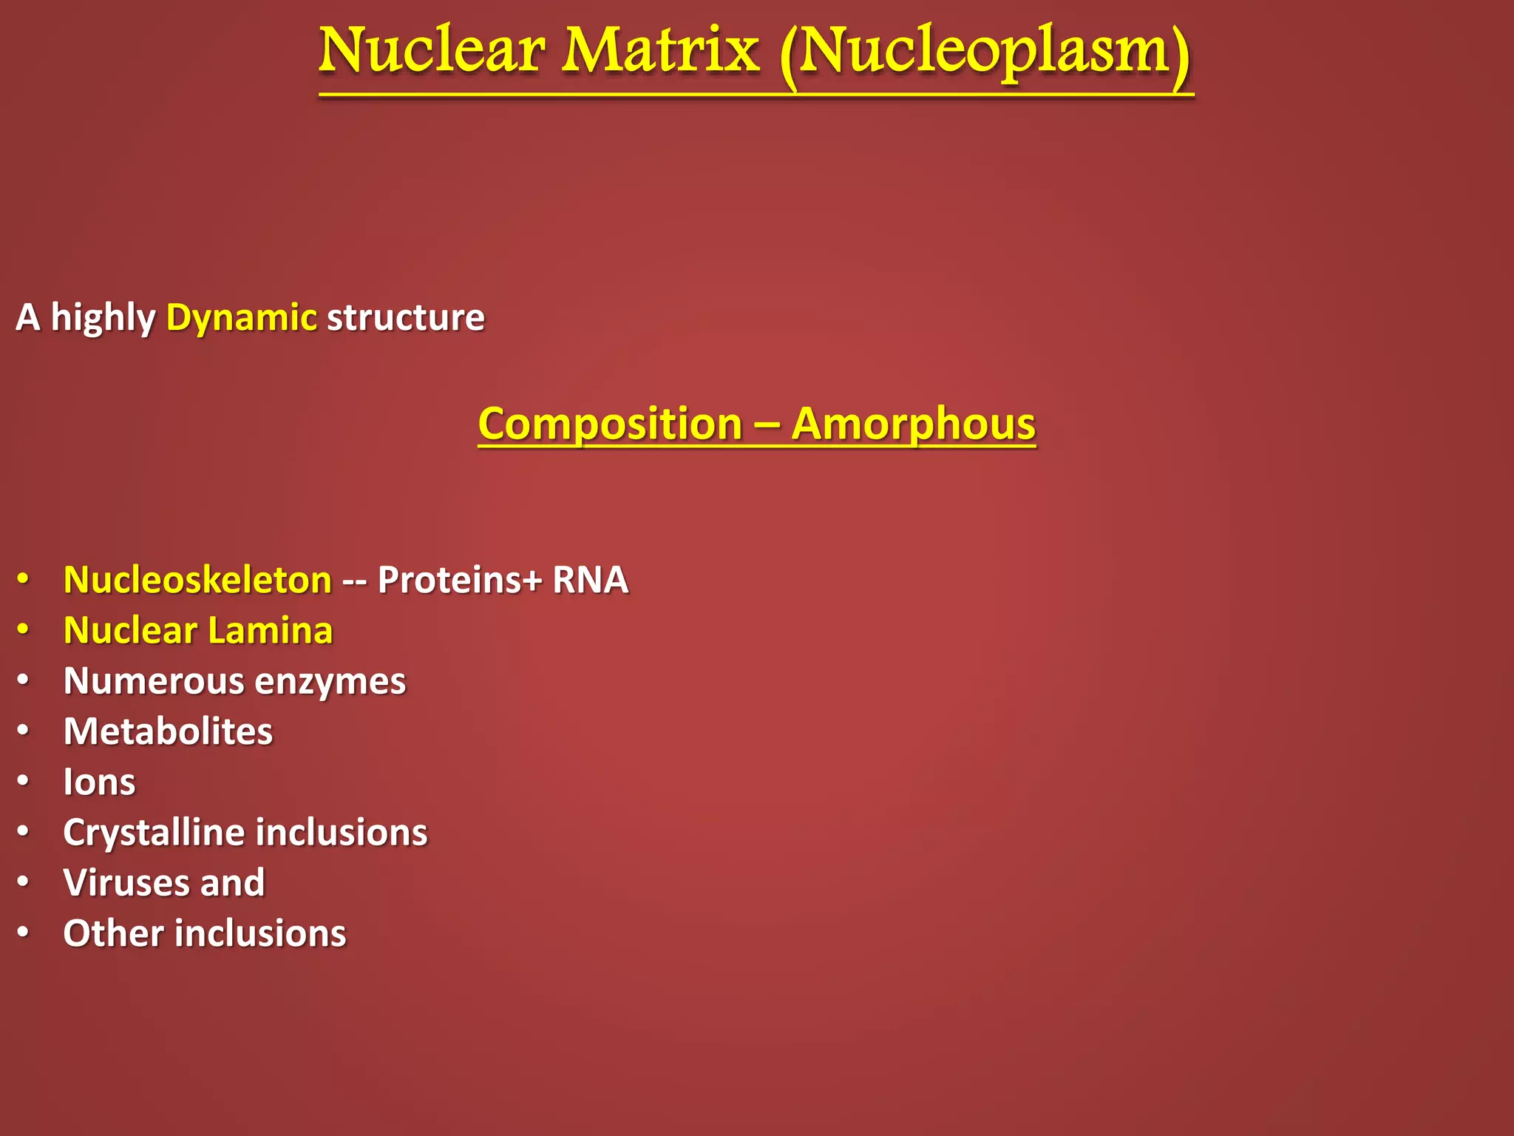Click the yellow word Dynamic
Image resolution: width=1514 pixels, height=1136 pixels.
[x=242, y=318]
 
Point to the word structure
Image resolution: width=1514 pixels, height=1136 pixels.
[x=405, y=318]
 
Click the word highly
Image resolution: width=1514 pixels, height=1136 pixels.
[x=103, y=318]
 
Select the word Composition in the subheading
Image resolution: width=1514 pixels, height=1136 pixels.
[x=610, y=425]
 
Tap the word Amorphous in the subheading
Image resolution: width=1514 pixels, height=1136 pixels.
[x=913, y=425]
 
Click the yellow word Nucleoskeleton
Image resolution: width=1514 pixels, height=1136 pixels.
[x=197, y=580]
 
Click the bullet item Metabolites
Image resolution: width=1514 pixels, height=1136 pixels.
[x=168, y=731]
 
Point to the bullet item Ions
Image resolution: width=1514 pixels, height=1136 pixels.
[x=99, y=782]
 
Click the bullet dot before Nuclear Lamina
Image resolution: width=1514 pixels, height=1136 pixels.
[x=24, y=629]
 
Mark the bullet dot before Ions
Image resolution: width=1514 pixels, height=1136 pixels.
[x=24, y=781]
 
